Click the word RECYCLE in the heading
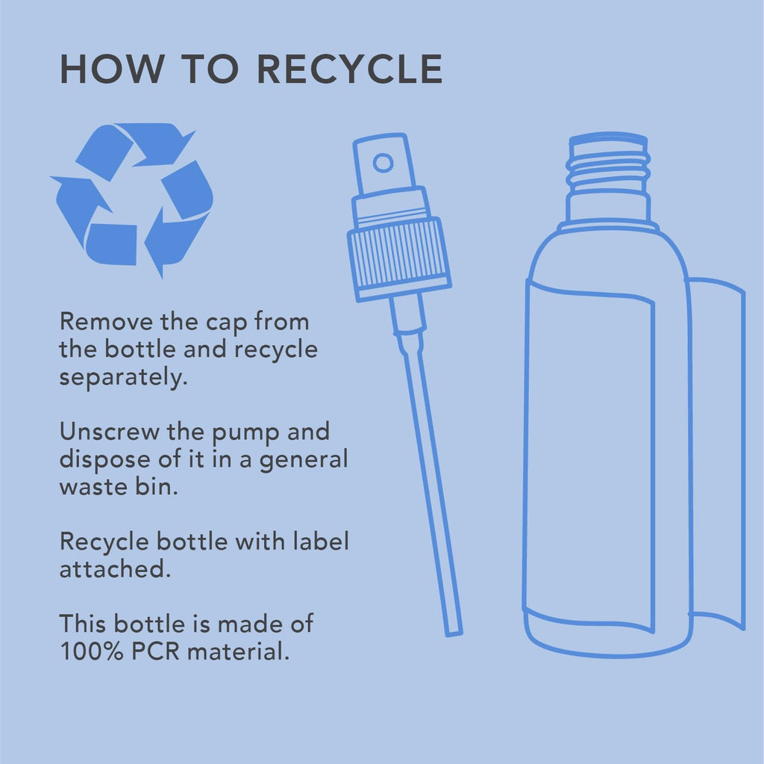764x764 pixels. (x=349, y=69)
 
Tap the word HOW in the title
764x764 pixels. (x=112, y=69)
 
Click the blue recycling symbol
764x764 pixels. (x=131, y=199)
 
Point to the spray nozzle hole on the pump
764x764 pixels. (x=383, y=163)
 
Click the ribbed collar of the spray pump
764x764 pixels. (x=398, y=256)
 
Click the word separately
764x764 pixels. (x=123, y=378)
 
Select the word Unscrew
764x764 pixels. (x=109, y=432)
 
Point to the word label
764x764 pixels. (x=321, y=541)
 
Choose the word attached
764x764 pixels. (x=115, y=569)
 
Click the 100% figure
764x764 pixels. (x=92, y=651)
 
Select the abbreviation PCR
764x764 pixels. (x=156, y=651)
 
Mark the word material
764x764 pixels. (x=238, y=651)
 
